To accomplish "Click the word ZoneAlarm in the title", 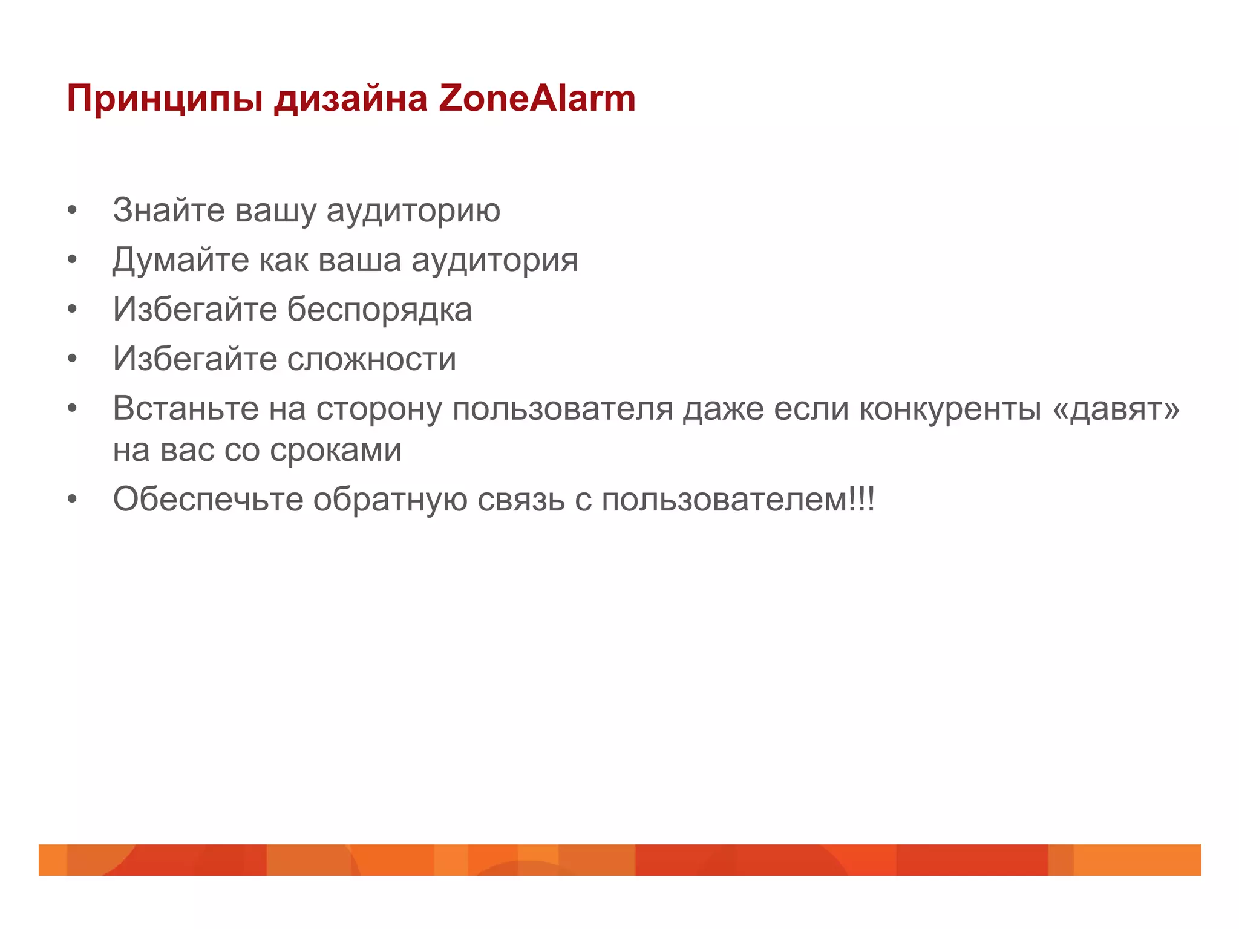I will (x=537, y=98).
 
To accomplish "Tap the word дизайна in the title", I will (x=351, y=99).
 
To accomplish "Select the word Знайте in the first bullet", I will (x=169, y=210).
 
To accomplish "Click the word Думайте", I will (x=181, y=261).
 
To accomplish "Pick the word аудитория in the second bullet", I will (x=494, y=261).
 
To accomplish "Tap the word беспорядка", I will (x=379, y=310).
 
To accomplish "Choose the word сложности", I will (x=371, y=359).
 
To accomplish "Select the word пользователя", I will (x=563, y=409).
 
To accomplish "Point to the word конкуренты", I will (x=950, y=409).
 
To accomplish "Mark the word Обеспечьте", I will (x=208, y=500).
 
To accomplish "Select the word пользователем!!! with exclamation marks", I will (x=738, y=500).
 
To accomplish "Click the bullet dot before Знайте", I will (x=73, y=211).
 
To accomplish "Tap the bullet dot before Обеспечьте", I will (x=73, y=500).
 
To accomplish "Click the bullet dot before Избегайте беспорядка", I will (x=73, y=310).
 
